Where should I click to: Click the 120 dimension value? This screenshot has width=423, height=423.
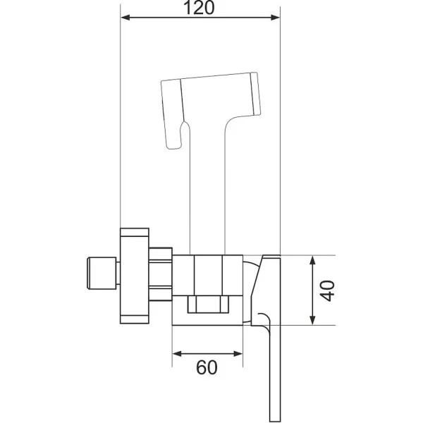[x=199, y=8]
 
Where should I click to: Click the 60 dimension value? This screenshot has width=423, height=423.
[x=207, y=367]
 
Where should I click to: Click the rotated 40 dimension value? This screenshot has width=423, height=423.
[x=327, y=290]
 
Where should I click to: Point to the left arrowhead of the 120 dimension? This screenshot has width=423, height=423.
[x=125, y=18]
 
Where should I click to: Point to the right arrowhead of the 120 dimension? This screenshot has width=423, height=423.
[x=275, y=18]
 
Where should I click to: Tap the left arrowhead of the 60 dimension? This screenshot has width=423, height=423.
[x=177, y=353]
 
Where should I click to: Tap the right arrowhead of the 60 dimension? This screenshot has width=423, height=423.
[x=238, y=353]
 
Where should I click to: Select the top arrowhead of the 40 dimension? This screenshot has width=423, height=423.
[x=312, y=261]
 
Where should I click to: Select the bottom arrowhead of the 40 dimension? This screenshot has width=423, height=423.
[x=312, y=319]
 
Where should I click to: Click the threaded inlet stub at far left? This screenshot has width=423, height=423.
[x=102, y=274]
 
